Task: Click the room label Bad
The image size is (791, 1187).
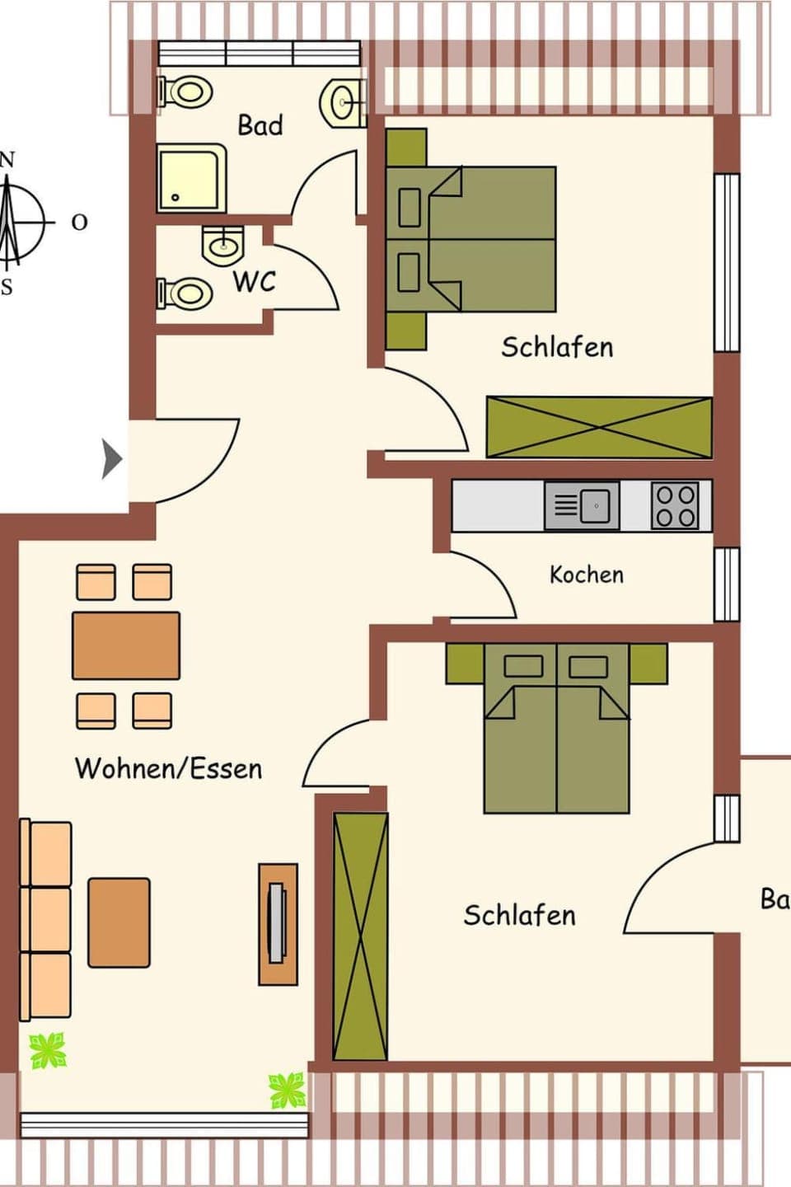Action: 260,125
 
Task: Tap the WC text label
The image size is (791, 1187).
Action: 254,281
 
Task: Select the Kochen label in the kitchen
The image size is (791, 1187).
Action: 586,575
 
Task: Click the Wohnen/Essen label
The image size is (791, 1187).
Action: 168,768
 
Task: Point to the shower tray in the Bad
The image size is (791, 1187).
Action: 190,178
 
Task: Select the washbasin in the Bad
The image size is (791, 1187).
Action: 343,103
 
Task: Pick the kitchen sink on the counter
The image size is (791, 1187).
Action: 582,505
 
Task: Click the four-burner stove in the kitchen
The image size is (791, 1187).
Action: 675,505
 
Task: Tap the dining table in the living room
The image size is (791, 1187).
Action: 126,645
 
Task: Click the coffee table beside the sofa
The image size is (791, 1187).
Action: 119,922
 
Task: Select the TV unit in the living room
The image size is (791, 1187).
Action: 278,924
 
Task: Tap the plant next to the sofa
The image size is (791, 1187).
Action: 48,1051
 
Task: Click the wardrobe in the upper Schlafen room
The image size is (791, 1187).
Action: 598,427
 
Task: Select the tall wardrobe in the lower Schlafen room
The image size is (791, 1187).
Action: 360,936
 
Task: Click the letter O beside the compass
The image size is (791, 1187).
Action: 79,222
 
